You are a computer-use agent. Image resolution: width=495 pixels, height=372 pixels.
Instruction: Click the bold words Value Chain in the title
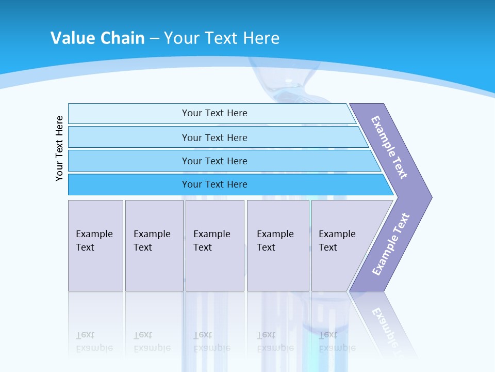97,38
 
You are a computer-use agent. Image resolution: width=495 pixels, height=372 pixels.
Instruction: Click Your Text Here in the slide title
222,38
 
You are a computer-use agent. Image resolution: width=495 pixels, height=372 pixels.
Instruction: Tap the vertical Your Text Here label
60,148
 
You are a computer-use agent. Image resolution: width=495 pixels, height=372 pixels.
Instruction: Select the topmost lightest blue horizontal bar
129,113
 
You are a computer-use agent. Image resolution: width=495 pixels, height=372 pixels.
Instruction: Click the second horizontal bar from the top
129,137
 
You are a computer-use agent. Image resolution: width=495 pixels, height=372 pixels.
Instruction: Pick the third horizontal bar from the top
129,161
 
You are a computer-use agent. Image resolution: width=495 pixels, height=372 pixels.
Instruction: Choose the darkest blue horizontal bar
129,184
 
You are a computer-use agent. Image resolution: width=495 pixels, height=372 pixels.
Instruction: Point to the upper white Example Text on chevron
389,147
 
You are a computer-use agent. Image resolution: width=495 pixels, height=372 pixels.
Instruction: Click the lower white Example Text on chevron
391,244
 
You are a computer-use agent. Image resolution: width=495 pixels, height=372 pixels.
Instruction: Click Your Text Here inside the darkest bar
214,184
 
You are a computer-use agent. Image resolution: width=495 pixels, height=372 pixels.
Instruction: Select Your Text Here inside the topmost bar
214,113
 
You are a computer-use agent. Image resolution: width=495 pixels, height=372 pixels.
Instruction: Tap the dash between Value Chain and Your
154,39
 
